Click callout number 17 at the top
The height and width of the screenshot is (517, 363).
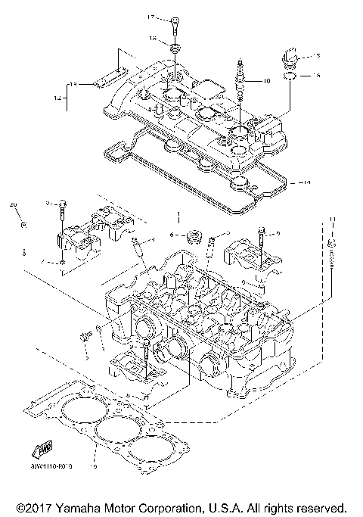pyautogui.click(x=150, y=17)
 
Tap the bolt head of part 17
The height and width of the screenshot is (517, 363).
pyautogui.click(x=174, y=19)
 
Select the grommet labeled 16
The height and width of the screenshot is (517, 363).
pyautogui.click(x=174, y=49)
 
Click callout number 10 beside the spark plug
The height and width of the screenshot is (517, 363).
pyautogui.click(x=265, y=80)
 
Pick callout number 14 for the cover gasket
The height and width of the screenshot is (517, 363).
pyautogui.click(x=306, y=182)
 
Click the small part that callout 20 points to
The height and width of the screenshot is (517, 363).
pyautogui.click(x=23, y=224)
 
